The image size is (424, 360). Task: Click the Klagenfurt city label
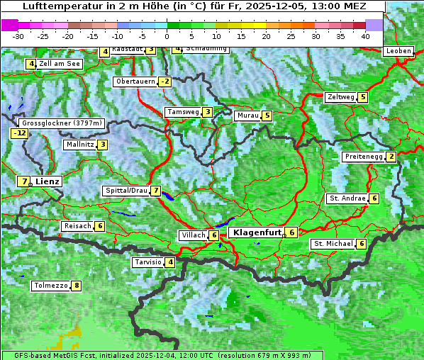click(255, 232)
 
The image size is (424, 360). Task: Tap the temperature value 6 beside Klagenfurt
click(291, 232)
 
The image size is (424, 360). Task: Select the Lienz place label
click(48, 181)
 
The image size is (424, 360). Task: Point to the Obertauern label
click(135, 81)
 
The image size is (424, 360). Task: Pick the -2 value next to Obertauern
click(164, 81)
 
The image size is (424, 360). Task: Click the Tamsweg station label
click(182, 112)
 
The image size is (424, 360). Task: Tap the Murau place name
click(247, 116)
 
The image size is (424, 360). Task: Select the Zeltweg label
click(340, 97)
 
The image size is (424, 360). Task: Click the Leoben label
click(398, 51)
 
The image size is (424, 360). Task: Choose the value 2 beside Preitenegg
click(391, 157)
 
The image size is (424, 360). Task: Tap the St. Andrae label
click(347, 198)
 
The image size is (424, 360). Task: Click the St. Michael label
click(333, 244)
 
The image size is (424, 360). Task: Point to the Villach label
click(193, 235)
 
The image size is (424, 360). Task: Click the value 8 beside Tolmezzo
click(76, 286)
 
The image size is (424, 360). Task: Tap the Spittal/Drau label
click(125, 191)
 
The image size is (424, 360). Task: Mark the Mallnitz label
click(79, 145)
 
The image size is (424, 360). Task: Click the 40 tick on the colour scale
click(365, 35)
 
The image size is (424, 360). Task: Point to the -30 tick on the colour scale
click(18, 35)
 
